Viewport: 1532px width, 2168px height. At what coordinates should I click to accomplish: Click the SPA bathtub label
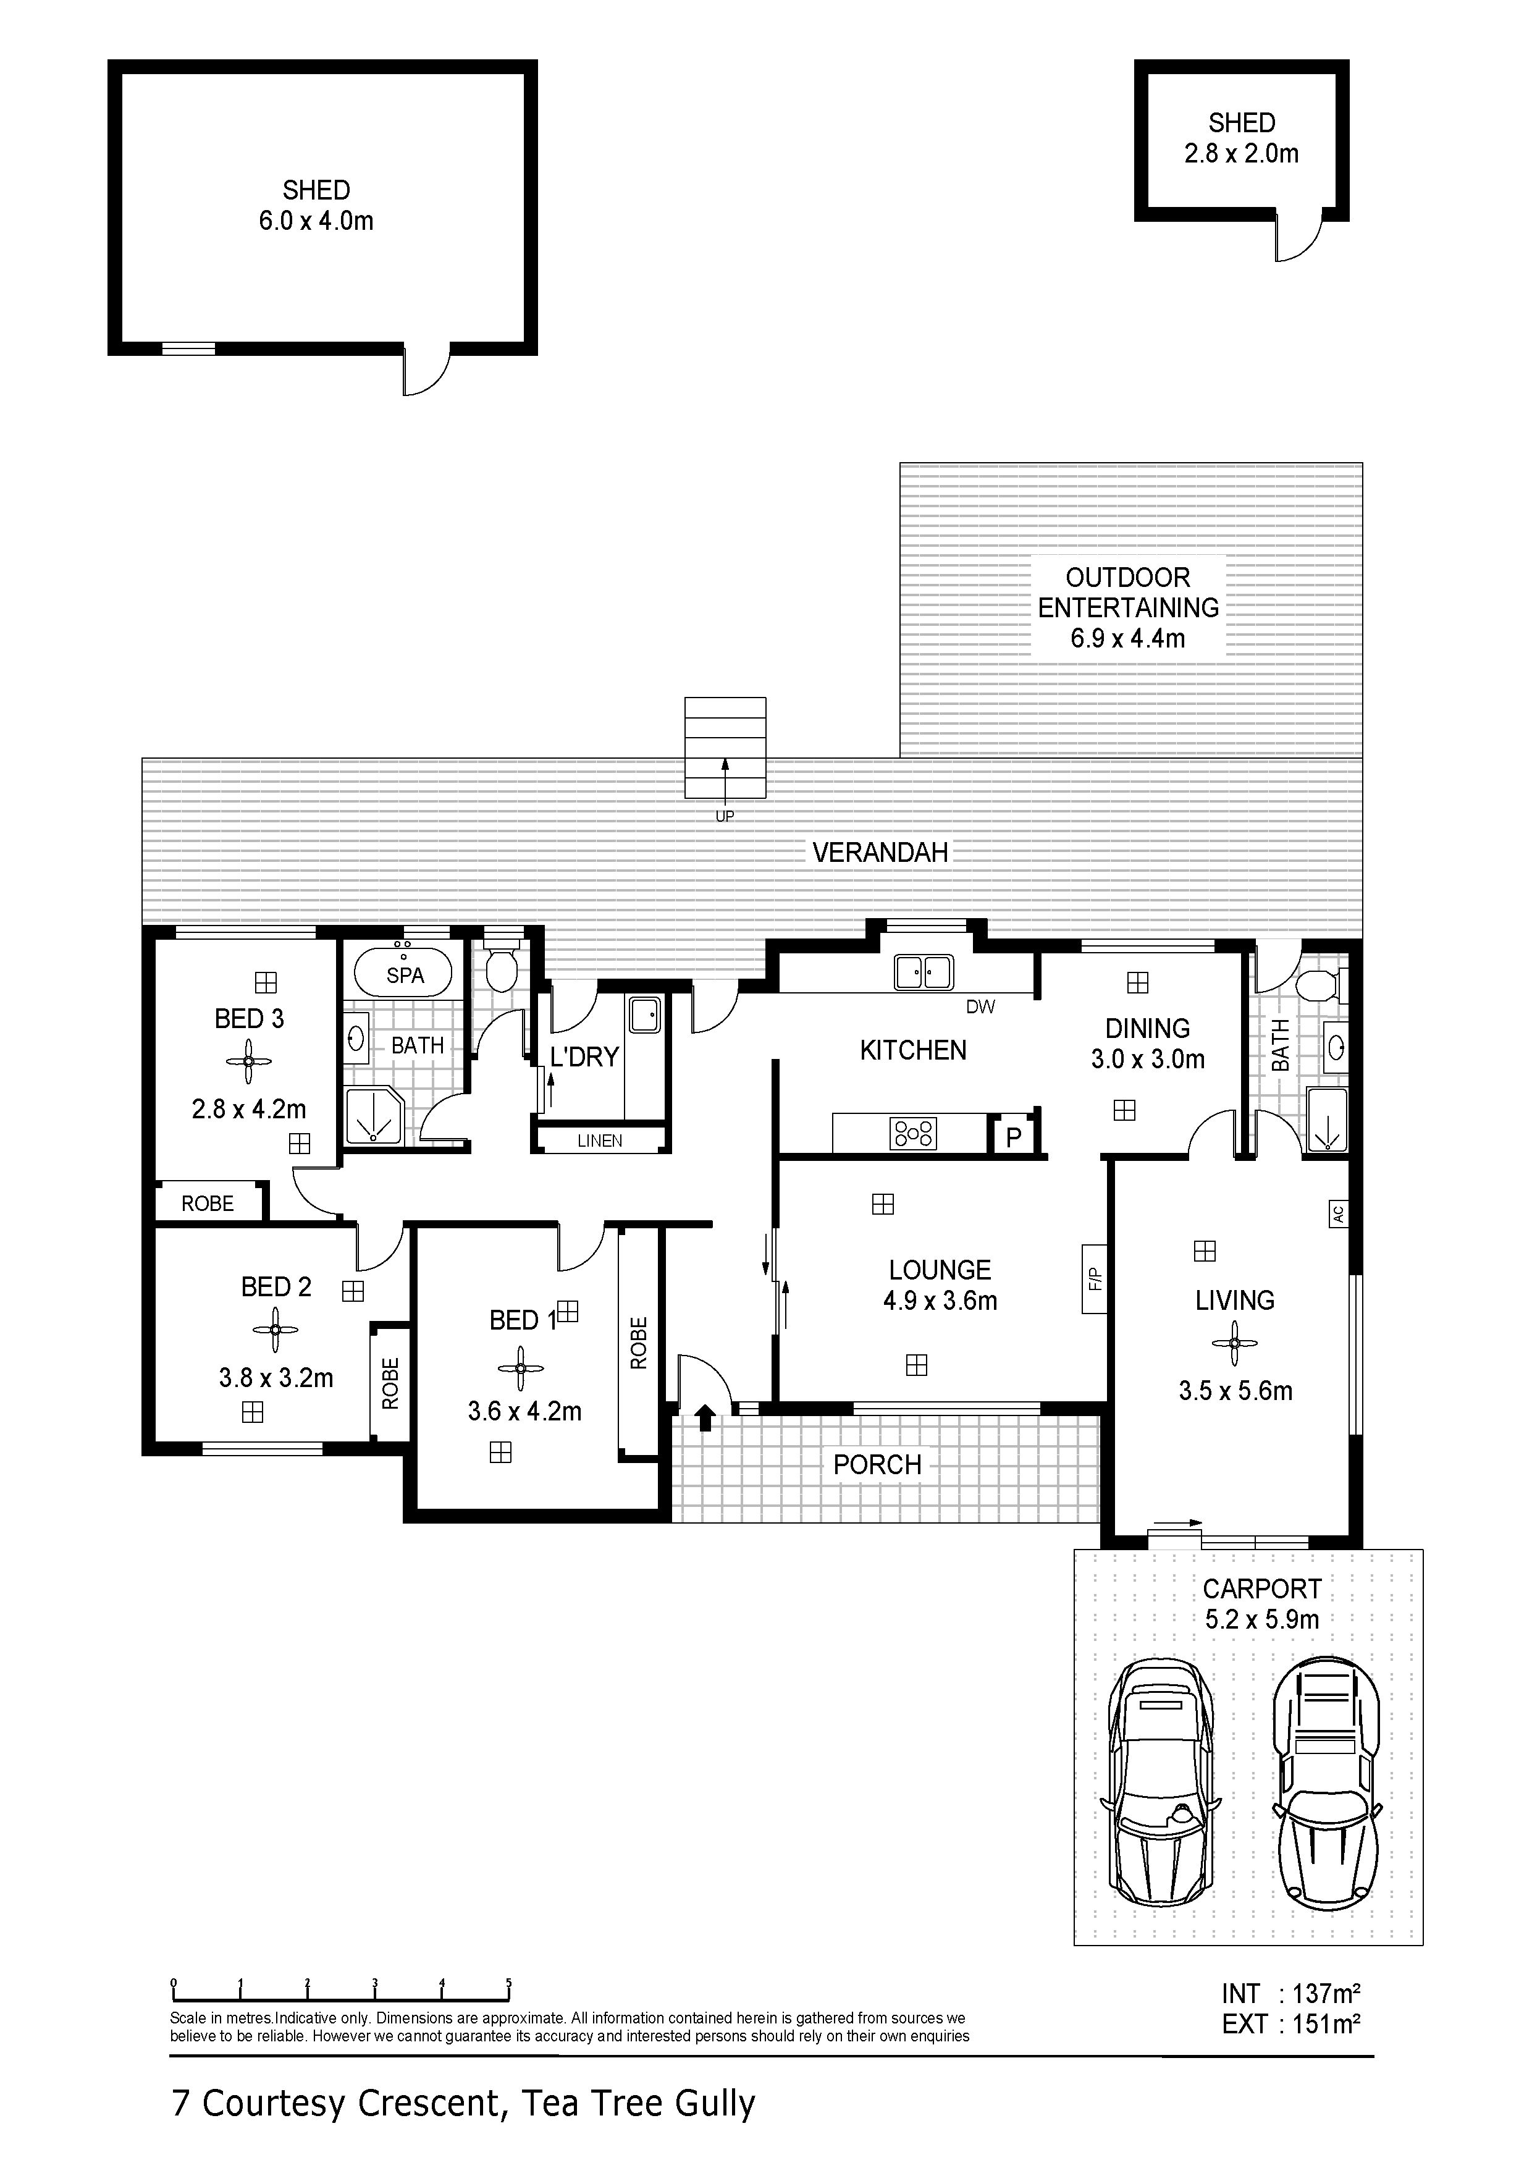[405, 976]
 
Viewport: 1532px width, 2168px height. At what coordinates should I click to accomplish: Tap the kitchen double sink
[924, 972]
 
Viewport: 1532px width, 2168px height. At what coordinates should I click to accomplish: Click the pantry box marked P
[1014, 1137]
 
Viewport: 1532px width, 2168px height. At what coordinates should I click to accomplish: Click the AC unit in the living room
[1337, 1213]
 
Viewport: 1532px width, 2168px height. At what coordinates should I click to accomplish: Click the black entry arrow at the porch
[705, 1417]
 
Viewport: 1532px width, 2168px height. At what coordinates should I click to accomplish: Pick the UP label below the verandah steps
[724, 817]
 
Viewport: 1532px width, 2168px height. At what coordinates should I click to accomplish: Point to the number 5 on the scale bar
[509, 1983]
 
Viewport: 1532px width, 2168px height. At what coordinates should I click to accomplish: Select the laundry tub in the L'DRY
[646, 1015]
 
